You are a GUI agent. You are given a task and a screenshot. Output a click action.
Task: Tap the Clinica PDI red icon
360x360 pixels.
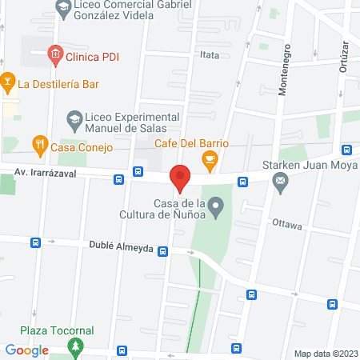click(x=55, y=56)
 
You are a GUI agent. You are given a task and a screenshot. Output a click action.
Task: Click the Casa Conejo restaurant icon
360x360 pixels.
click(x=38, y=146)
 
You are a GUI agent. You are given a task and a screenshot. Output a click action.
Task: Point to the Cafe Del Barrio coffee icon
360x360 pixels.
click(x=210, y=160)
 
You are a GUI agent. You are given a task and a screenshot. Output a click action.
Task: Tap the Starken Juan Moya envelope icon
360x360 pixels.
click(x=280, y=182)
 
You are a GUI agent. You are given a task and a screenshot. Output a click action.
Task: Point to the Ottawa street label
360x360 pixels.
click(x=286, y=225)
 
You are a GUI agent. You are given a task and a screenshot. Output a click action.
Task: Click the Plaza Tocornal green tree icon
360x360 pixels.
click(x=76, y=346)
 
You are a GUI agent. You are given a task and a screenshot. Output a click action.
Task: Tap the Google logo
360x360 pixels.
click(x=27, y=350)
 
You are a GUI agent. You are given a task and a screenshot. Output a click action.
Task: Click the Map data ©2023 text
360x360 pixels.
click(x=326, y=353)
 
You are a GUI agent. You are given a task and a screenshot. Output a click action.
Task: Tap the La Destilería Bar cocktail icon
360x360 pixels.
click(x=7, y=82)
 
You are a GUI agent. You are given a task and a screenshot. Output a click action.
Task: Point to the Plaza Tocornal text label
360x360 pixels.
click(x=58, y=330)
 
